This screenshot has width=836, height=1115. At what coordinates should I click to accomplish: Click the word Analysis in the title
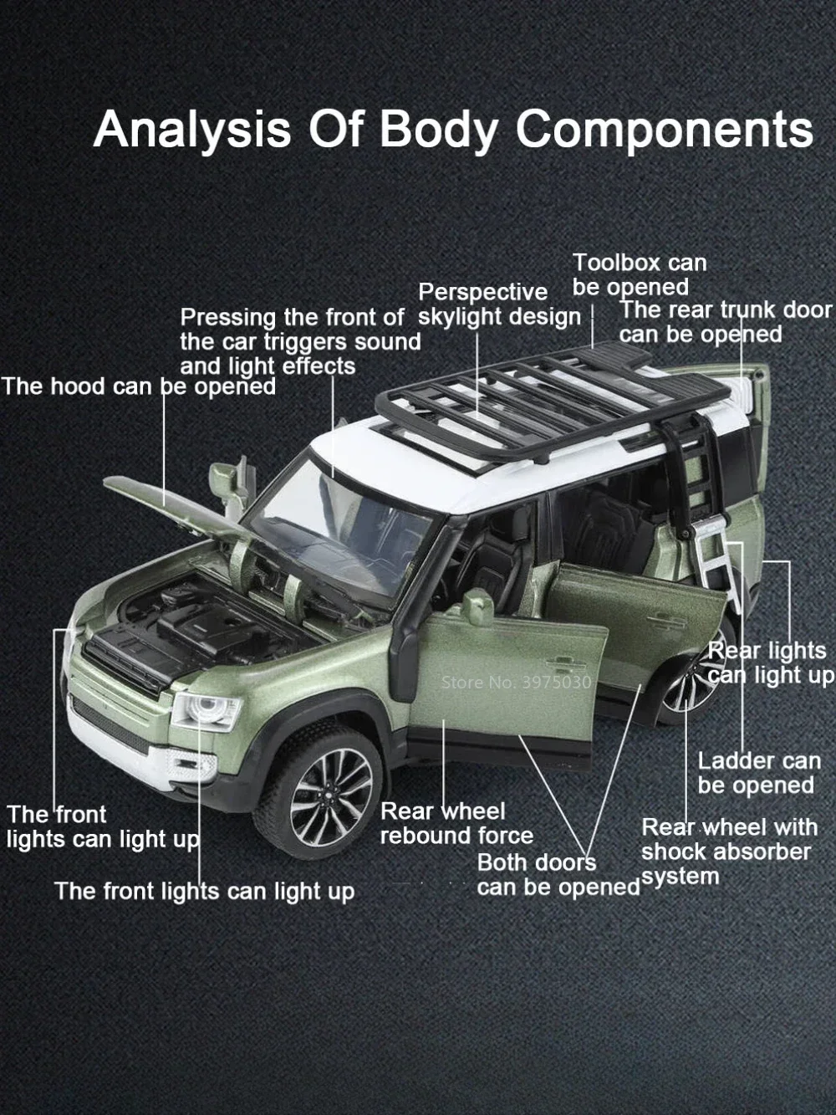tap(192, 130)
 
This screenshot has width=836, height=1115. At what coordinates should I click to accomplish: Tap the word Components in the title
tap(665, 130)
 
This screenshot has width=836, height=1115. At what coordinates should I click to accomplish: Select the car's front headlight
tap(206, 711)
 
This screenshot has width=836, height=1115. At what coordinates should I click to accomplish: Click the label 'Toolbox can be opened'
tap(640, 275)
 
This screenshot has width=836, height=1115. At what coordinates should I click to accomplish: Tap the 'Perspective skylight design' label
tap(499, 304)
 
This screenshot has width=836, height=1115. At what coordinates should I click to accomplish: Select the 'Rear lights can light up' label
tap(771, 663)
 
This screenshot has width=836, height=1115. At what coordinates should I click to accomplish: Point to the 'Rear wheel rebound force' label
tap(456, 824)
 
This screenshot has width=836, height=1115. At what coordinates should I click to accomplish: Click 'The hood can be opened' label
tap(139, 386)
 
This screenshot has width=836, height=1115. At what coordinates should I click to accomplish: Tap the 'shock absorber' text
tap(726, 852)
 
